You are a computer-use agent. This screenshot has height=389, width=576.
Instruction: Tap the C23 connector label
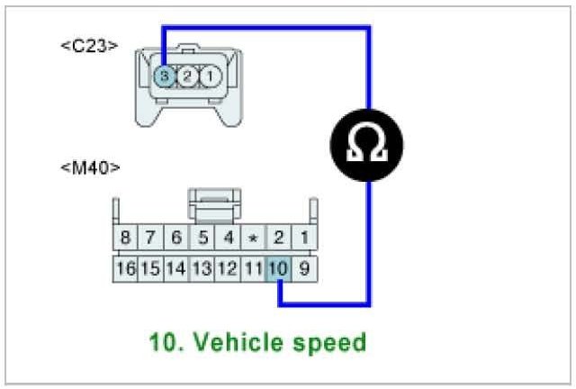click(x=88, y=44)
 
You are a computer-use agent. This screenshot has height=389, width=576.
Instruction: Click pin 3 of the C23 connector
click(x=164, y=77)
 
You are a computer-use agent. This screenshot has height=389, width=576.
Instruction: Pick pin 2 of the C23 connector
click(x=186, y=77)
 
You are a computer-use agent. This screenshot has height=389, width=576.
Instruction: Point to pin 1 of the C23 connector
click(x=209, y=77)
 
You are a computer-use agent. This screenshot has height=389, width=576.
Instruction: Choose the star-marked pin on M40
click(x=254, y=240)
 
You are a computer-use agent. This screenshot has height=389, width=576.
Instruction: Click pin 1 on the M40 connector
click(x=305, y=240)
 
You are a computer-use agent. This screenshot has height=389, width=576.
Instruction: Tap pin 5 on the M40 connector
click(x=202, y=240)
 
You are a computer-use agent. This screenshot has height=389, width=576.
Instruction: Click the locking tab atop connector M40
click(x=214, y=204)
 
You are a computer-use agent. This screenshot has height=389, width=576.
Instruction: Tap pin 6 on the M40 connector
click(x=176, y=240)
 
